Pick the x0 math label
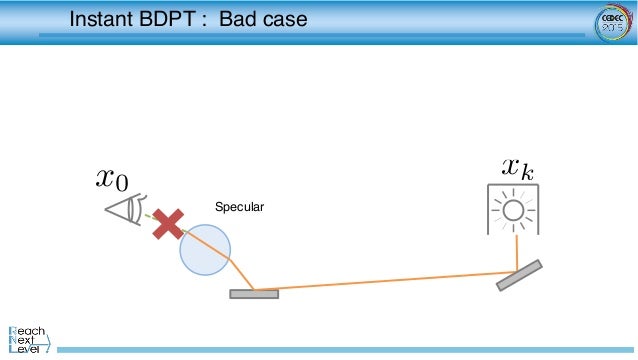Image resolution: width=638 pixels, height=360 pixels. coord(111,179)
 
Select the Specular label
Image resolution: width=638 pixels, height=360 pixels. coord(239,207)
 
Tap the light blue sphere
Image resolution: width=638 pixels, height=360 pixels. coord(205,250)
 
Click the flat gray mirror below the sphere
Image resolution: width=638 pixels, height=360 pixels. coord(254,294)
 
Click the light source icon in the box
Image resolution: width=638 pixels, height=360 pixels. coord(513,210)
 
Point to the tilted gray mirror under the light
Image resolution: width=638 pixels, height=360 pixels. coord(519,275)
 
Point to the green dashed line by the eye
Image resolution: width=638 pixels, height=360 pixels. coord(149,217)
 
